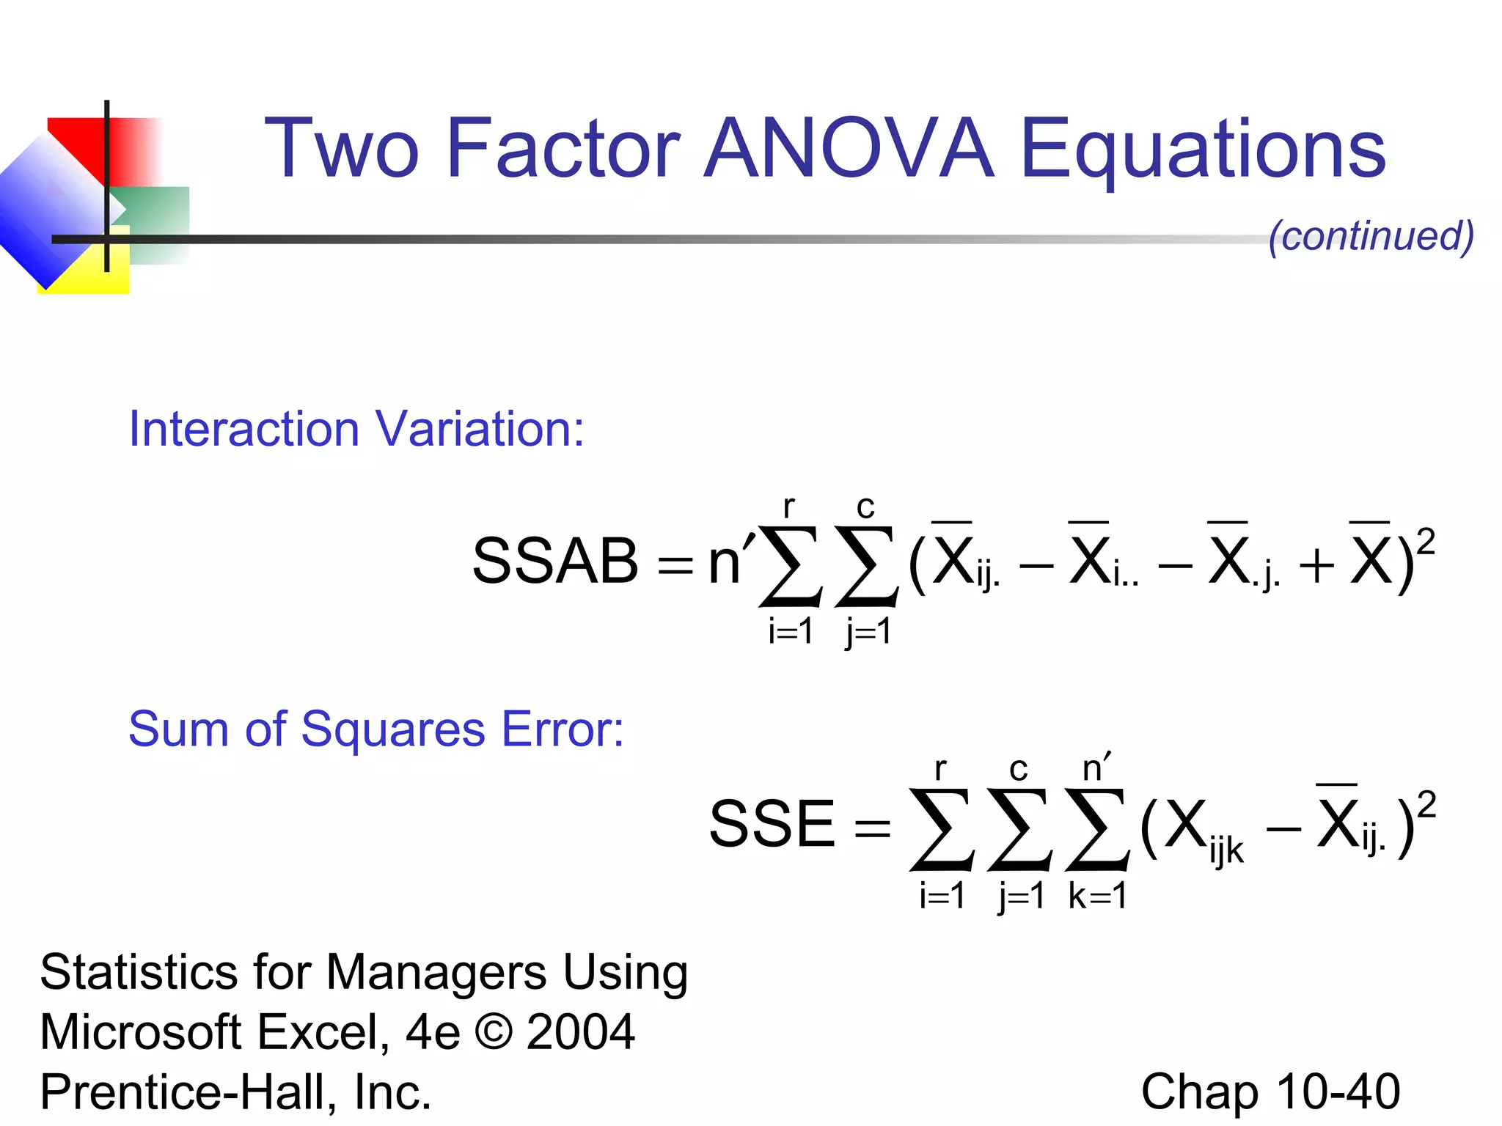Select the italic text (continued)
[x=1371, y=236]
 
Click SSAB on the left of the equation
[x=555, y=561]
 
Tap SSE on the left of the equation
[x=772, y=824]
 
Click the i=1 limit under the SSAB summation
[x=791, y=631]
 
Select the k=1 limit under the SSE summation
[x=1097, y=896]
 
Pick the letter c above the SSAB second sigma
[x=865, y=507]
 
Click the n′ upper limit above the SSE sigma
[x=1096, y=768]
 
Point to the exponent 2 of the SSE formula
[x=1426, y=804]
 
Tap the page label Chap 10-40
[x=1270, y=1092]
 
